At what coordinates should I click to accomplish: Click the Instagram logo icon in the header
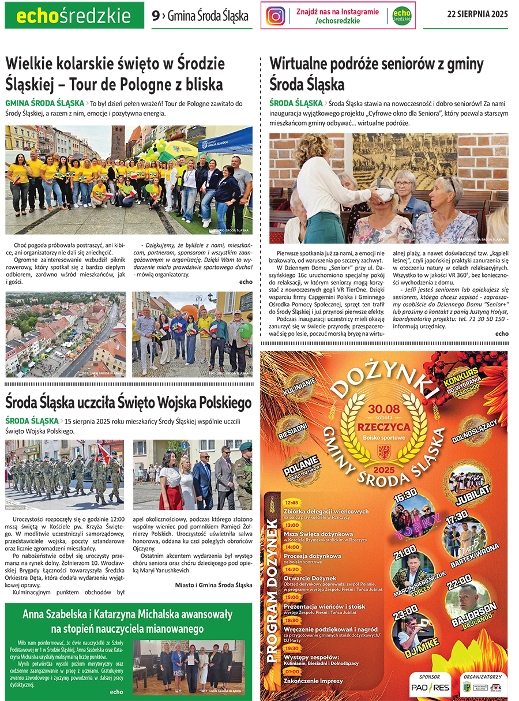276,16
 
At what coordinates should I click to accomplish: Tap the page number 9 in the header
155,16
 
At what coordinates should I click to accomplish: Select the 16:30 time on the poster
405,495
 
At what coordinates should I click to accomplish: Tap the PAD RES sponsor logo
430,687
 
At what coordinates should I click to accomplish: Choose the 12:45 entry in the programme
291,503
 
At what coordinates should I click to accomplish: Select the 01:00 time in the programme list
291,672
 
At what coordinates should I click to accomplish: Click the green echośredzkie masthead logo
74,16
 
